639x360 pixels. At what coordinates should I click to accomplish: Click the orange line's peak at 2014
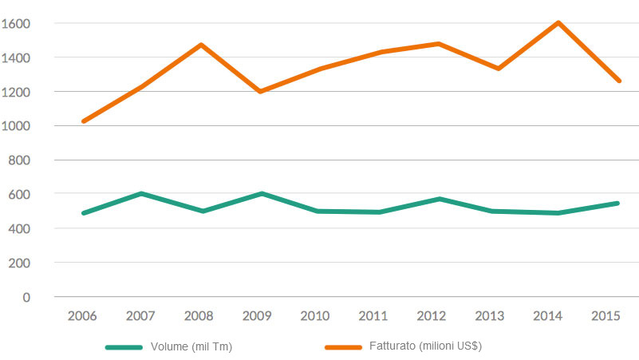558,23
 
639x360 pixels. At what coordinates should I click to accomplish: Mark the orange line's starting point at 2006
83,121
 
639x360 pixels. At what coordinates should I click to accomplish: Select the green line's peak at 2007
142,194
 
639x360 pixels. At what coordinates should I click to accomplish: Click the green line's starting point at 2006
83,213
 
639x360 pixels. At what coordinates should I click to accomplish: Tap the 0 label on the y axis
26,297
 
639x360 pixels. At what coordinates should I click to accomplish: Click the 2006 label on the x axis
83,316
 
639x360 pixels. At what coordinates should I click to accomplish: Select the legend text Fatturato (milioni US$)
425,346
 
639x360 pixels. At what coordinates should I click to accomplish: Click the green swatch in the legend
124,347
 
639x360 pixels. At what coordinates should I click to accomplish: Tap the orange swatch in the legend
344,347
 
